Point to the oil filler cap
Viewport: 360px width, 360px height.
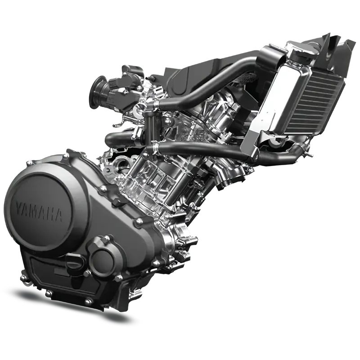coord(74,262)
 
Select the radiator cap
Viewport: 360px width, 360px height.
coord(305,50)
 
